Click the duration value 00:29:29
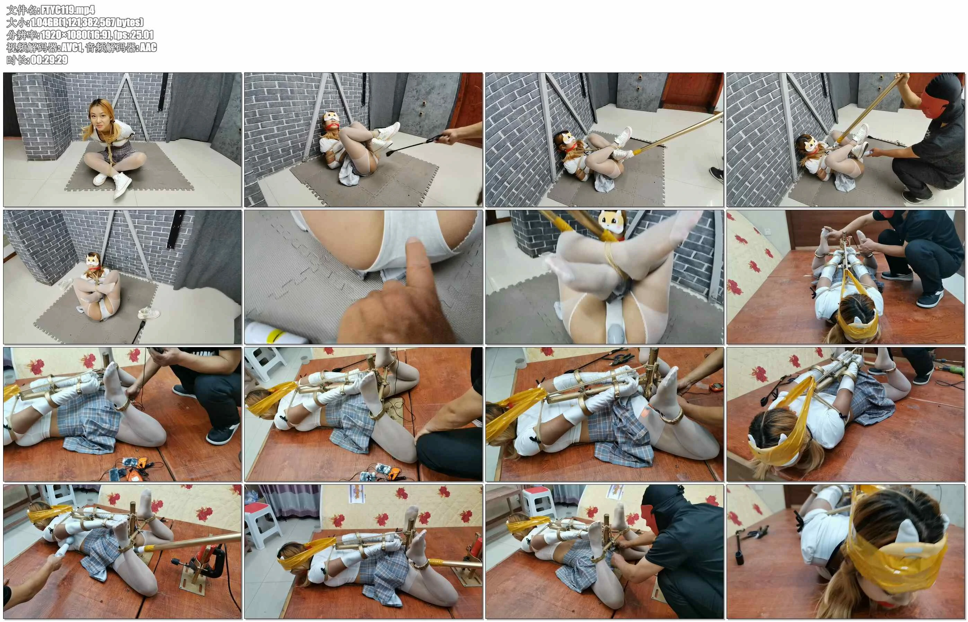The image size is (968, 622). (x=49, y=60)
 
